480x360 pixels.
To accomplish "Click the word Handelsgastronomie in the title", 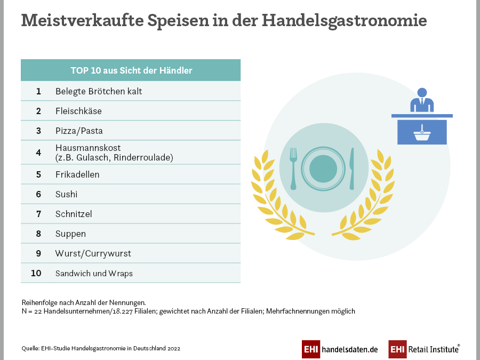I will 345,20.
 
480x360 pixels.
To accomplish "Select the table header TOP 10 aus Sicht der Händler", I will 131,70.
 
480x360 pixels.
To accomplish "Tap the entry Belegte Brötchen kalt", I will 99,91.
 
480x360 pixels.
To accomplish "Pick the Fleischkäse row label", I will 78,111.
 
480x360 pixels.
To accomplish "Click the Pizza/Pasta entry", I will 79,131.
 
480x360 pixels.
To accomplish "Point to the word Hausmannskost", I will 88,147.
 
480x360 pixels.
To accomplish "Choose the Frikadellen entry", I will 77,174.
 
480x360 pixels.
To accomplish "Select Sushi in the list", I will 66,194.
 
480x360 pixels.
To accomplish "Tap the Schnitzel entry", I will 74,214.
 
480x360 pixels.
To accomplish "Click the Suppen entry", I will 70,234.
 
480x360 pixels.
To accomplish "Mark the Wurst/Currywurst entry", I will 93,253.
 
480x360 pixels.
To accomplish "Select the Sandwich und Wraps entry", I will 94,273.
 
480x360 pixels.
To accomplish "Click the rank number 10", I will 36,273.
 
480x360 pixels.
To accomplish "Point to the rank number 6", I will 38,194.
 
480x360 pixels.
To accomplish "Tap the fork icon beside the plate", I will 293,168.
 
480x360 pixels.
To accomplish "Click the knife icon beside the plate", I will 351,168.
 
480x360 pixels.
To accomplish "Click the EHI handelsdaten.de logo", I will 340,349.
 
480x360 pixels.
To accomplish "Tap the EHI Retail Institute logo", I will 424,349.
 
